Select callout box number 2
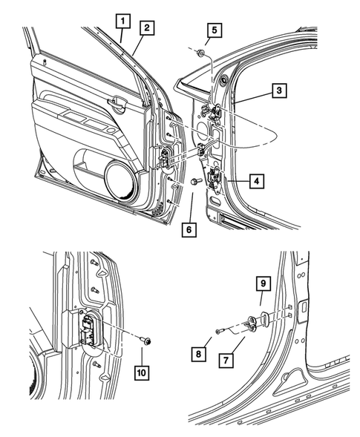(147, 27)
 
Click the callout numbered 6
(191, 230)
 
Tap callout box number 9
(262, 283)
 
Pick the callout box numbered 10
(140, 369)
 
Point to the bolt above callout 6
(194, 181)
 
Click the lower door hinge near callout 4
(215, 179)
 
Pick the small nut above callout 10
(147, 341)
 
